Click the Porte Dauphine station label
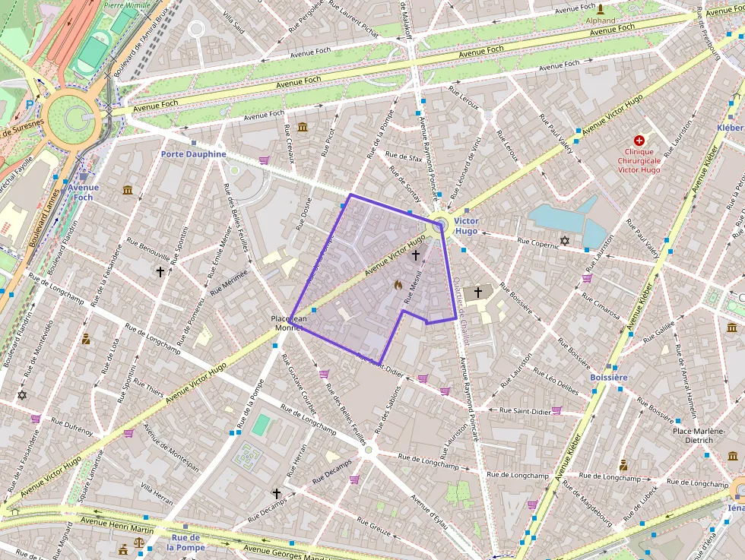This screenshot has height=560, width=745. [193, 153]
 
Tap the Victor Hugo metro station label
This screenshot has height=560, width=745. [466, 226]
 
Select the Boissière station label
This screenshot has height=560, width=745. [608, 377]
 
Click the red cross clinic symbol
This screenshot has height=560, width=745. [639, 141]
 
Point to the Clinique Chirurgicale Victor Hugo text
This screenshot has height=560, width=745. [639, 160]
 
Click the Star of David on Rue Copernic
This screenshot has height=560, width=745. [564, 241]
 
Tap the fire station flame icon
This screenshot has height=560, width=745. [397, 285]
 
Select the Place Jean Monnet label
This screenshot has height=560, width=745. [289, 324]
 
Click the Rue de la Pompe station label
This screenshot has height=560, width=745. [185, 543]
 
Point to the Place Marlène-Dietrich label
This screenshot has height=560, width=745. [703, 435]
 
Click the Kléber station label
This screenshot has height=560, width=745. [730, 128]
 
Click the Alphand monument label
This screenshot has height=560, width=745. [601, 21]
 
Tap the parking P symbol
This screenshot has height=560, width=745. [30, 103]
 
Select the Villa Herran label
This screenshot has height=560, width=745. [157, 489]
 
